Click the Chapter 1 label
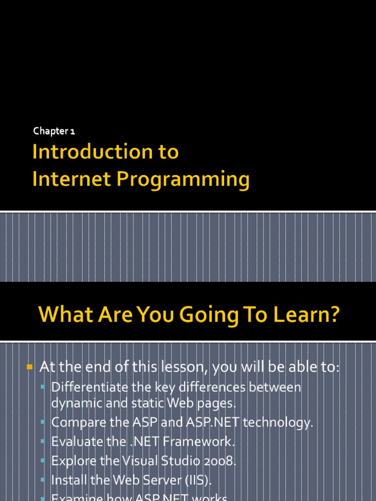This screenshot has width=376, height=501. (54, 131)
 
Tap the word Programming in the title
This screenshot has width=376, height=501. (183, 180)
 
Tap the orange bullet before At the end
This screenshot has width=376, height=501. (29, 366)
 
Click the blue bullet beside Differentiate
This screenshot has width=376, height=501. (43, 387)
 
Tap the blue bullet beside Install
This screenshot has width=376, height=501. (43, 479)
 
